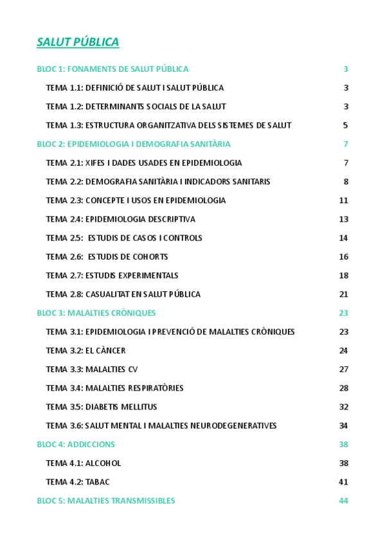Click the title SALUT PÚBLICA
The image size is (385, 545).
coord(78,42)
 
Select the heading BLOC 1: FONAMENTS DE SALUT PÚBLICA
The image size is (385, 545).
coord(112,69)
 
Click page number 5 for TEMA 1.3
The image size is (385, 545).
coord(345,125)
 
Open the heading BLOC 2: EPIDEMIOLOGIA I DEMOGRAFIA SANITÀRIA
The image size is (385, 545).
coord(134,144)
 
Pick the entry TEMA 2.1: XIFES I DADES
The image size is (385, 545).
coord(144,163)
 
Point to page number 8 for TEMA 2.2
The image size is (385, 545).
coord(345,182)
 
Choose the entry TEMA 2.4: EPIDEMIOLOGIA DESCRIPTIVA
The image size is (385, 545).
coord(120,219)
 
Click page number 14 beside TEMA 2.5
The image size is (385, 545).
coord(343,238)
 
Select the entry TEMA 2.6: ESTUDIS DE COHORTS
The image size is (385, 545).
coord(107,257)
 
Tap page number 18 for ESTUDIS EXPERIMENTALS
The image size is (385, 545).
coord(343,276)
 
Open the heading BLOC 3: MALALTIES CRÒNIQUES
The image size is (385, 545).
coord(96,313)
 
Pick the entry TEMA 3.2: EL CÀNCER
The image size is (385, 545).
coord(85,351)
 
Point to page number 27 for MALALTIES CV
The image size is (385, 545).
coord(343,370)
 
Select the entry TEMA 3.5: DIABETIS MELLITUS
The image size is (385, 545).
coord(102,407)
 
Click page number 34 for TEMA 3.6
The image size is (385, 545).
coord(343,425)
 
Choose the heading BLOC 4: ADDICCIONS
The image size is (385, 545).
coord(76,445)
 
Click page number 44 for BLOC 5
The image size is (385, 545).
coord(343,501)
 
